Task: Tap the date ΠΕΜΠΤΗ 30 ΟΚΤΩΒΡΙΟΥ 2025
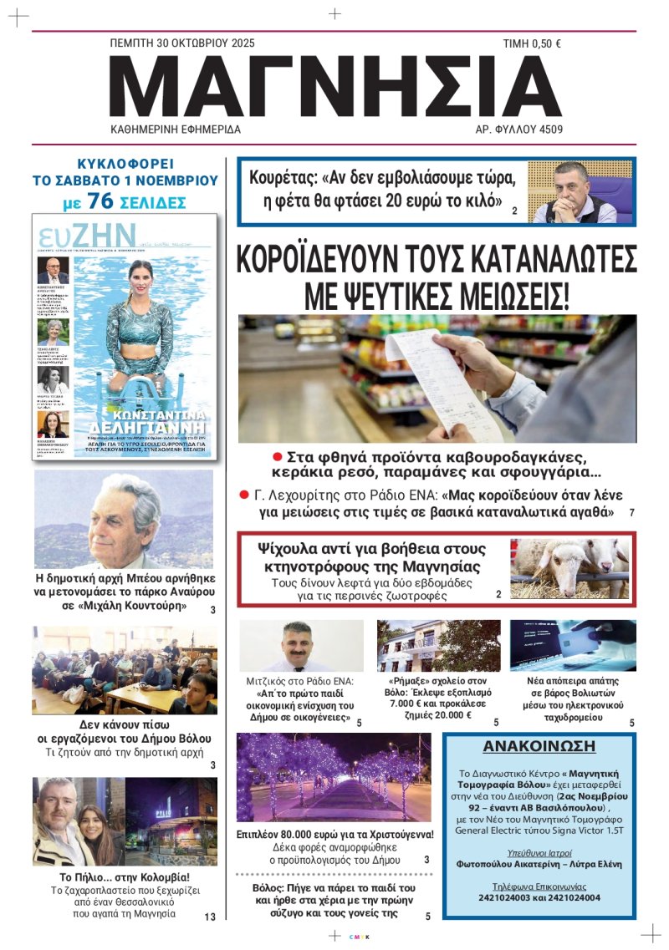[182, 43]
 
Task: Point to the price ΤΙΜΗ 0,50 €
[531, 43]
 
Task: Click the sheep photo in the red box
[569, 568]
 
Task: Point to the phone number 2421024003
[496, 898]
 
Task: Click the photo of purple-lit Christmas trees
[334, 777]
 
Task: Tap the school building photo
[438, 645]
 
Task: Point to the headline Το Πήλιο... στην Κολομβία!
[125, 877]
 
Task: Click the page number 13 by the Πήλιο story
[210, 917]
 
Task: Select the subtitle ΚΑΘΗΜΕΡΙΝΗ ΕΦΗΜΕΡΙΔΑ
[176, 130]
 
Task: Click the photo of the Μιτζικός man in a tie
[301, 645]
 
